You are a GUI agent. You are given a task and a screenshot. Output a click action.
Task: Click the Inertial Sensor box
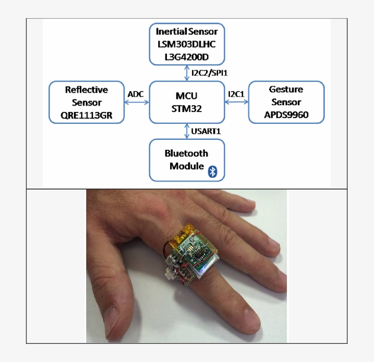(187, 44)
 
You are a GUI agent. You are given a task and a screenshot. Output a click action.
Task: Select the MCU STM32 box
(187, 102)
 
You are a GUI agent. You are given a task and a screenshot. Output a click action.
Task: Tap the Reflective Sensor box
(87, 102)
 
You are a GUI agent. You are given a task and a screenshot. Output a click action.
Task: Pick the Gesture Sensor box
(286, 102)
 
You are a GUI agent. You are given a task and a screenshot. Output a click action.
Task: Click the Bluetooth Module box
(187, 160)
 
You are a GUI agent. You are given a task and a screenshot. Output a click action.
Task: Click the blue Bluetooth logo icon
(212, 171)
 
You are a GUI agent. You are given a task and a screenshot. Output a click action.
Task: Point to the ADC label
(136, 93)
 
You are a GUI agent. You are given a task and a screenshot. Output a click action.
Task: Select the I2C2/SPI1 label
(209, 73)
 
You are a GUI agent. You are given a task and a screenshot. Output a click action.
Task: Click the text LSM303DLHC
(187, 45)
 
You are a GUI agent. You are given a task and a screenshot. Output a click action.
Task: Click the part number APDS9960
(286, 115)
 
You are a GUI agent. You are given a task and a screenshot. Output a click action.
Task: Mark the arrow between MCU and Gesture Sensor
(236, 102)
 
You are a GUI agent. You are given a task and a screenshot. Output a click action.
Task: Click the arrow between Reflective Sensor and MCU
(137, 102)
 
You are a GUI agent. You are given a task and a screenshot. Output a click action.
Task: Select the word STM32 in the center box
(187, 109)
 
